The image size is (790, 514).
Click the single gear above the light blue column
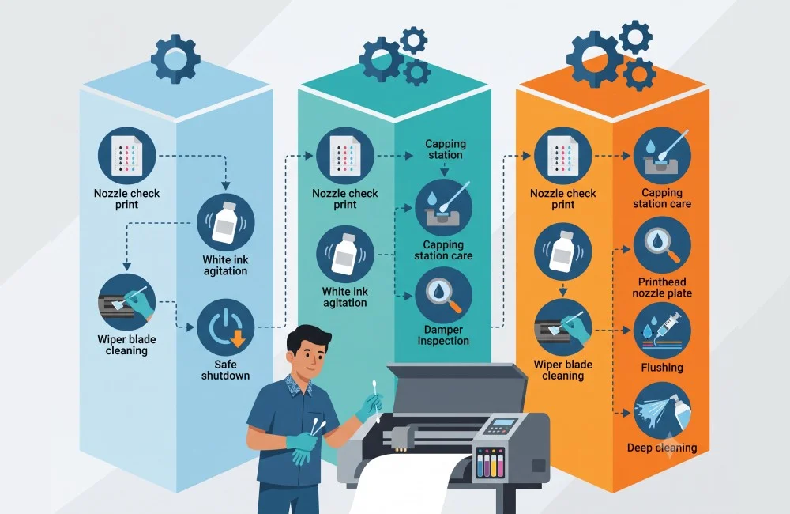point(175,59)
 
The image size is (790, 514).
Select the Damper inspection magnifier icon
point(443,295)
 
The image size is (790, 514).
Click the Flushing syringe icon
point(662,331)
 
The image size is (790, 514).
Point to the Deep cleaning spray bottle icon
point(662,410)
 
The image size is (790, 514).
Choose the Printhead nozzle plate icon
point(662,246)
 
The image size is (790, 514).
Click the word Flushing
point(662,367)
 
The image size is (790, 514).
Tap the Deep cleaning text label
point(662,448)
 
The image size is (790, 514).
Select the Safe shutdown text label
point(225,370)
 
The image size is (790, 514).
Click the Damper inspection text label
point(443,335)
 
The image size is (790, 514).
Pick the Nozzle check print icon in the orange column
point(562,155)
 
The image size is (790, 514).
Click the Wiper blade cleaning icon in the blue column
point(126,302)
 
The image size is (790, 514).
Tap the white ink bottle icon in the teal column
point(345,254)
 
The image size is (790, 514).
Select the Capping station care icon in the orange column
point(662,155)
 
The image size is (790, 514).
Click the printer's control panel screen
point(504,422)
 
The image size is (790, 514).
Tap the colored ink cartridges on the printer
point(490,462)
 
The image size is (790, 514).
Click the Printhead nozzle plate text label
point(662,288)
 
